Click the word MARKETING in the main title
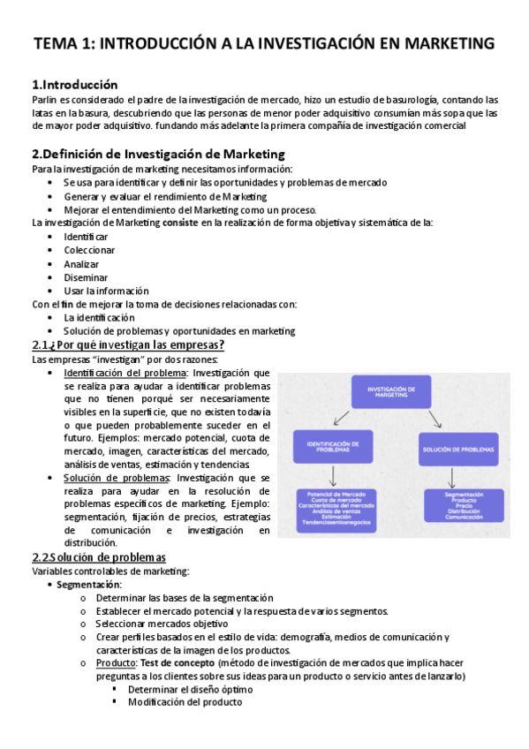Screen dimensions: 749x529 (x=439, y=43)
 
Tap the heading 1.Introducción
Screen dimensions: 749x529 (x=74, y=85)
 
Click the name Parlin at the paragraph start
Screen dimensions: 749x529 (x=45, y=100)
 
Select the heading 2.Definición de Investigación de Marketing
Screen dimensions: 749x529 (x=158, y=154)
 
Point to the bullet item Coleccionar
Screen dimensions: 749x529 (x=89, y=250)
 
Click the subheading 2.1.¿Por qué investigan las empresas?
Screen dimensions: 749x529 (x=128, y=344)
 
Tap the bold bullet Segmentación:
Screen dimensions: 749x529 (x=89, y=585)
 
